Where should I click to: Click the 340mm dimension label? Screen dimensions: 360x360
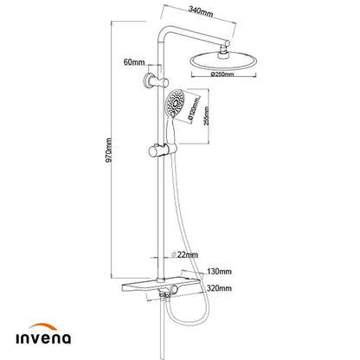201,11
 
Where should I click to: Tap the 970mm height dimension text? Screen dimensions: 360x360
109,151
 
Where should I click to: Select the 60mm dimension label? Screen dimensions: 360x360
134,61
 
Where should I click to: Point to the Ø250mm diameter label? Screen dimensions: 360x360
222,74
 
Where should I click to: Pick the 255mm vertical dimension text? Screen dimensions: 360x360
206,116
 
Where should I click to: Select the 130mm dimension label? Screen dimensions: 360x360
219,272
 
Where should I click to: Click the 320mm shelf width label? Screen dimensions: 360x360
219,288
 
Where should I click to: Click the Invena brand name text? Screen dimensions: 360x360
43,338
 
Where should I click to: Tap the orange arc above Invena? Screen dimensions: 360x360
43,326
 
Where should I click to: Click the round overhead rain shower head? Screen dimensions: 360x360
223,61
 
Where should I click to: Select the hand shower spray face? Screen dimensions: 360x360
174,103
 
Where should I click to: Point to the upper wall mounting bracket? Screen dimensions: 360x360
157,80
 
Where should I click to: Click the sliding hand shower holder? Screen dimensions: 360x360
162,151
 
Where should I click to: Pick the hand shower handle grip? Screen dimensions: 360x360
170,131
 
